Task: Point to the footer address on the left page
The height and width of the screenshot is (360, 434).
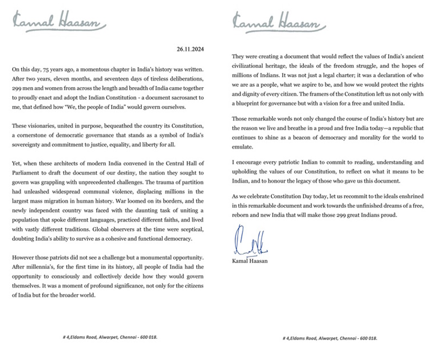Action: pos(110,337)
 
